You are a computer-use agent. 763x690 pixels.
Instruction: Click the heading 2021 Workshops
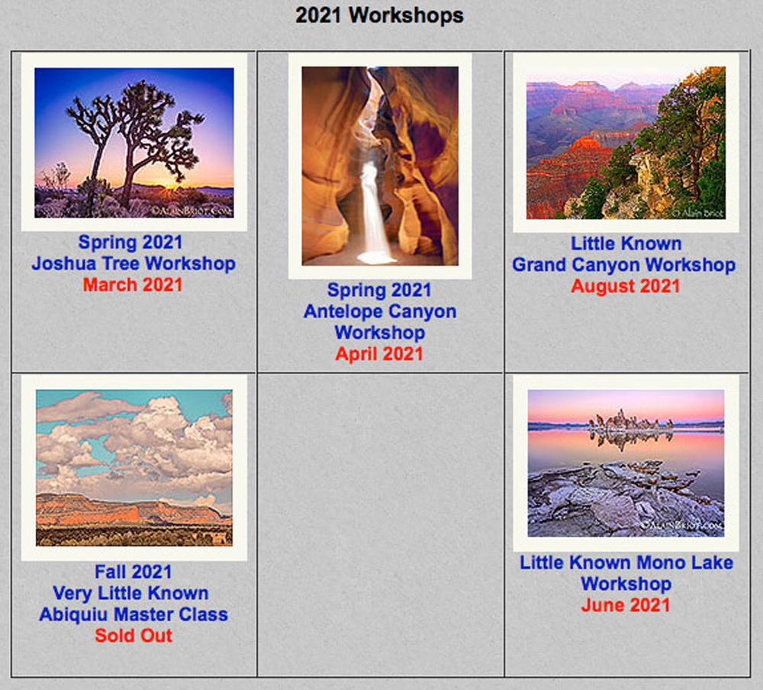tap(379, 15)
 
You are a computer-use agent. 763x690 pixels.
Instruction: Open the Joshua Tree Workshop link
tap(134, 263)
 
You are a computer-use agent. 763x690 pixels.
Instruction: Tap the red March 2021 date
tap(132, 285)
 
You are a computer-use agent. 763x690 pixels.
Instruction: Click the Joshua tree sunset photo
tap(134, 143)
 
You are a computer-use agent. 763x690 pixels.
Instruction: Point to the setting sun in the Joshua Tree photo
tap(169, 187)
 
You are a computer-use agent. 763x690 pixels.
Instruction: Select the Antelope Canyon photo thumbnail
tap(380, 166)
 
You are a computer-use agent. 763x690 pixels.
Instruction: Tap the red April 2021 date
tap(379, 354)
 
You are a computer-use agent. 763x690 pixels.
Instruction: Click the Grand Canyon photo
tap(626, 143)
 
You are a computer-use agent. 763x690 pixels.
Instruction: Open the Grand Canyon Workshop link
tap(624, 265)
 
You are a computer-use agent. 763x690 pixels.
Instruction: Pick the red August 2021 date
tap(626, 286)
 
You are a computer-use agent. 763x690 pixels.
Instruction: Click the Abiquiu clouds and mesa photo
tap(134, 468)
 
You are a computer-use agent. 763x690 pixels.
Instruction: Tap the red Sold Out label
tap(134, 636)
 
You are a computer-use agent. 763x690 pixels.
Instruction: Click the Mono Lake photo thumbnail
tap(626, 463)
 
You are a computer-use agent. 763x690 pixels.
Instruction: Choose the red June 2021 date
tap(626, 605)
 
